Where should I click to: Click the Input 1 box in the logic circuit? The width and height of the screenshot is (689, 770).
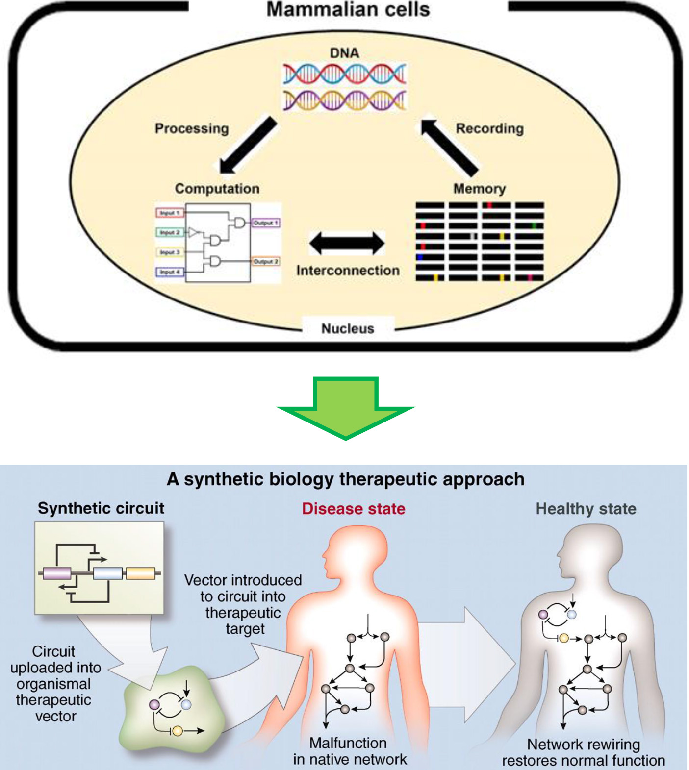(169, 213)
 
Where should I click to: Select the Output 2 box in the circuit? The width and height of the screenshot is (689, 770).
(266, 261)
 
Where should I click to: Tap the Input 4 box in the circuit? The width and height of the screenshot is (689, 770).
(170, 272)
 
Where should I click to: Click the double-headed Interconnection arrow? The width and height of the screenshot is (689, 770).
(347, 243)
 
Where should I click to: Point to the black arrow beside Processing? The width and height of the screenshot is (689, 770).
(248, 145)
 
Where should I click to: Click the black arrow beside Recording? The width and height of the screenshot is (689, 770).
(449, 146)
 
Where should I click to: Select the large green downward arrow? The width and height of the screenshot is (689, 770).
(346, 407)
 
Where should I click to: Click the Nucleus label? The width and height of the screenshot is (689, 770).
(347, 328)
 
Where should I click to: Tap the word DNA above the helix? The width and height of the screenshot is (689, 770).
(344, 53)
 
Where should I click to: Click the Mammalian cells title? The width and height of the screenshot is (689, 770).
(348, 10)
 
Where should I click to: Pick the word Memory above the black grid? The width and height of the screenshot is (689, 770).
(479, 189)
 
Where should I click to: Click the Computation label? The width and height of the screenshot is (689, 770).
(217, 189)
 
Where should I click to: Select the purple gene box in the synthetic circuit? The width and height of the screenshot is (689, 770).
(57, 573)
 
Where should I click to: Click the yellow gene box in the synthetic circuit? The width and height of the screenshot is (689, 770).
(141, 573)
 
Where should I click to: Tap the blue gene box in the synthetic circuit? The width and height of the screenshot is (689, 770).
(107, 573)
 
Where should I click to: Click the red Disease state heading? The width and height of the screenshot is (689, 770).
(353, 509)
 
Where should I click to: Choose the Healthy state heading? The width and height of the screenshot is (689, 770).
(586, 509)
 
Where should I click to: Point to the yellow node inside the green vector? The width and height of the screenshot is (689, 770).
(178, 731)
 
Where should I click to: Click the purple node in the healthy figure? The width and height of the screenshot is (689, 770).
(543, 614)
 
